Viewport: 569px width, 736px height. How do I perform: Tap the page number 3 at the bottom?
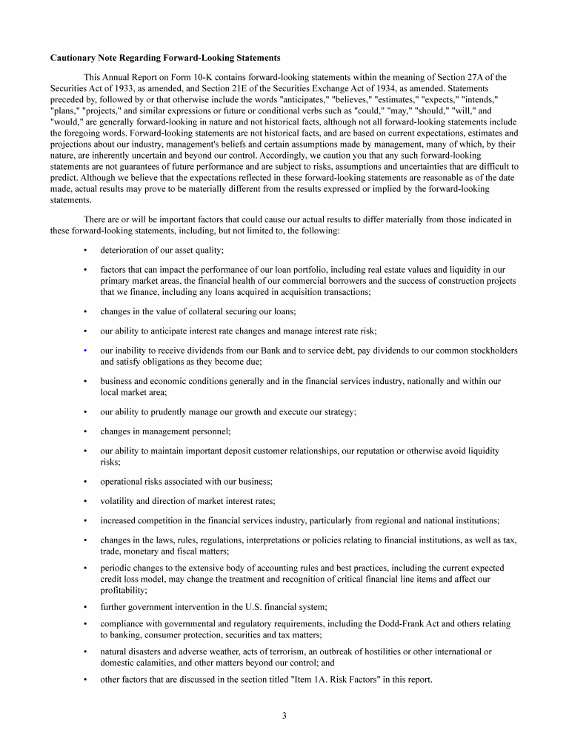[x=284, y=715]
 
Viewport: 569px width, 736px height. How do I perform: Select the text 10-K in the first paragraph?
[x=194, y=77]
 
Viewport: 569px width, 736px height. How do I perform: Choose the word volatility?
[x=120, y=501]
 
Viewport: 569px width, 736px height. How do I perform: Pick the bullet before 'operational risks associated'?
[x=86, y=482]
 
